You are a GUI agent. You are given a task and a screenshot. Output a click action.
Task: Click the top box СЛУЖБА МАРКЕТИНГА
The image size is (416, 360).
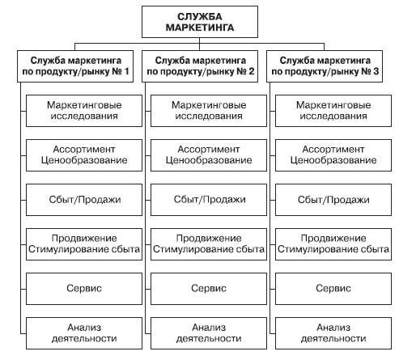[200, 22]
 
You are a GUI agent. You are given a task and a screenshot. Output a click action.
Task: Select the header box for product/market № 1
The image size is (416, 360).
[75, 66]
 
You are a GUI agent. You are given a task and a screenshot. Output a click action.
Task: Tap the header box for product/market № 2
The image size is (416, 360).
[200, 66]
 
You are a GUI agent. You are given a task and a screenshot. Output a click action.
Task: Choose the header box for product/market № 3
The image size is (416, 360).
[325, 66]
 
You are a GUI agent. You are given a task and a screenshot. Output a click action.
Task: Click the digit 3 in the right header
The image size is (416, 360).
[376, 71]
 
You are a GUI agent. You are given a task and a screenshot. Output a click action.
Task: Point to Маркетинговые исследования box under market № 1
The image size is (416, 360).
[84, 111]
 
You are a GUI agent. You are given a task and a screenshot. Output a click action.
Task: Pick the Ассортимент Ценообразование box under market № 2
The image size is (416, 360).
[209, 155]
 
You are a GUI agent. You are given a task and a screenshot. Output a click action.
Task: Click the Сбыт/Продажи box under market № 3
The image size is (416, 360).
[333, 200]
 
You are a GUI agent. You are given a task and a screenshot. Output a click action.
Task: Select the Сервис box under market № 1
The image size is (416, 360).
[84, 289]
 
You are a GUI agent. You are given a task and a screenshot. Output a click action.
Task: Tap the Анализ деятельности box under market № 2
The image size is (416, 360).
[209, 333]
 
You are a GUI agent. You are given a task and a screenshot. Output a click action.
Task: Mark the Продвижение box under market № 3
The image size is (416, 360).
[333, 244]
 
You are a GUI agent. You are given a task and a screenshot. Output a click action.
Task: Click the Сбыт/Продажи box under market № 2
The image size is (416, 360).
[209, 200]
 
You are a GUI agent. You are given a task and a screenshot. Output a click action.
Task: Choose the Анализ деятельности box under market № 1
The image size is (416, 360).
[84, 333]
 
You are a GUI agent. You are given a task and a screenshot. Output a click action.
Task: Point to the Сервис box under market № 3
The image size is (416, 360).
[333, 289]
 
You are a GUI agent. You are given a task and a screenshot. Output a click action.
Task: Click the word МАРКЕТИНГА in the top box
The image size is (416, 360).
[200, 28]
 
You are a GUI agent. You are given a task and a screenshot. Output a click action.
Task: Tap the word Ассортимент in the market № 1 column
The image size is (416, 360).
[84, 149]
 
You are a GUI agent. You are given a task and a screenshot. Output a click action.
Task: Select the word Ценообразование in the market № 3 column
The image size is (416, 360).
[333, 160]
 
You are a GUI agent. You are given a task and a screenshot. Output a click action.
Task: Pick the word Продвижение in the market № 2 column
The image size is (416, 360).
[209, 239]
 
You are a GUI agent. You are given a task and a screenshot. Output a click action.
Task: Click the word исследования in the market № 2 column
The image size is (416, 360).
[209, 116]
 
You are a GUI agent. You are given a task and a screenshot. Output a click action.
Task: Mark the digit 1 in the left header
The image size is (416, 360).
[126, 71]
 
